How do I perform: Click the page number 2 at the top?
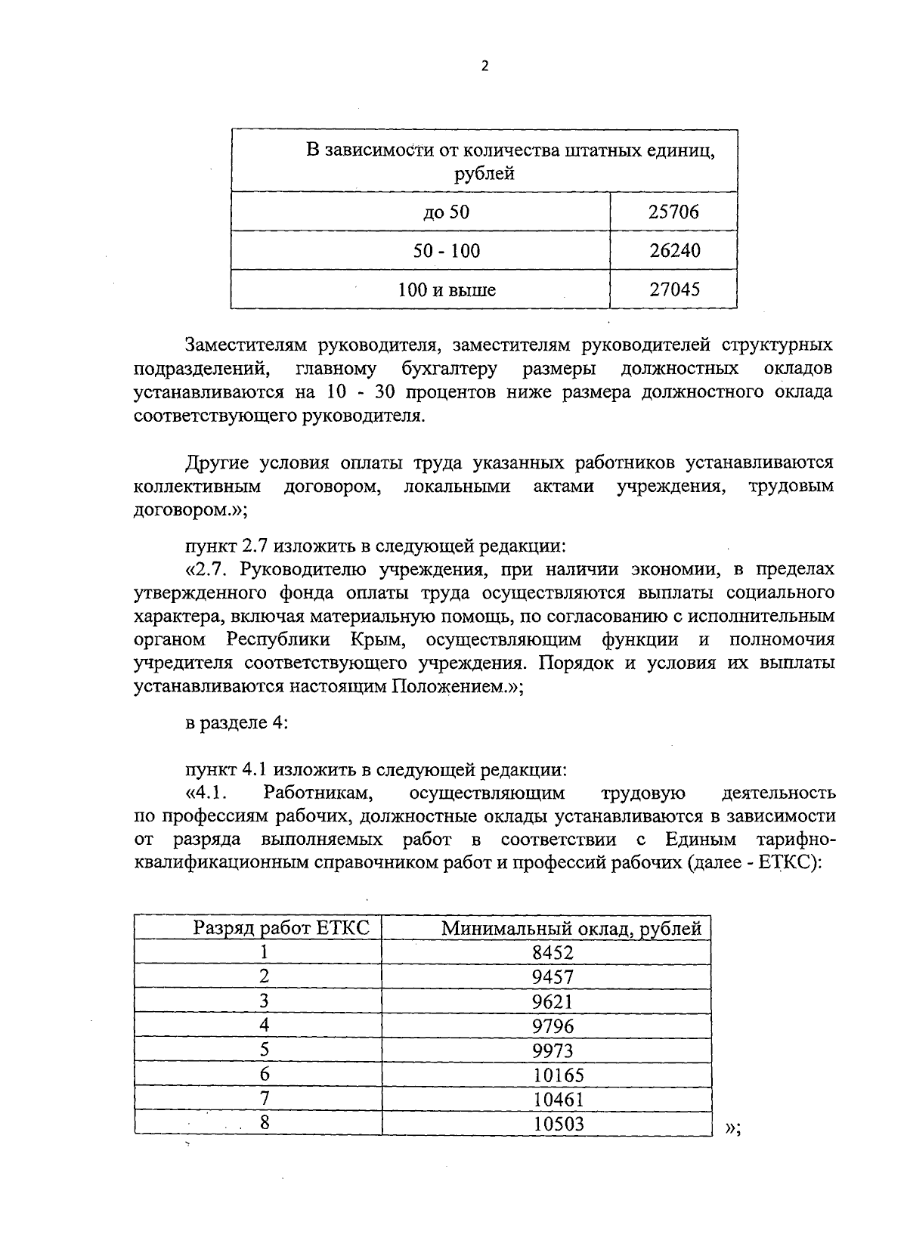[x=484, y=67]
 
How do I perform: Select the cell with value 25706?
[x=674, y=212]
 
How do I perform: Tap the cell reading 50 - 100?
[x=446, y=251]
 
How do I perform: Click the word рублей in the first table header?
[x=484, y=174]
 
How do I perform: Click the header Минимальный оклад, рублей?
[x=571, y=928]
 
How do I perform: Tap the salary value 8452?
[x=553, y=952]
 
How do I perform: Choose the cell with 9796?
[x=553, y=1026]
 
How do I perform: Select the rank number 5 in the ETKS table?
[x=264, y=1050]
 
